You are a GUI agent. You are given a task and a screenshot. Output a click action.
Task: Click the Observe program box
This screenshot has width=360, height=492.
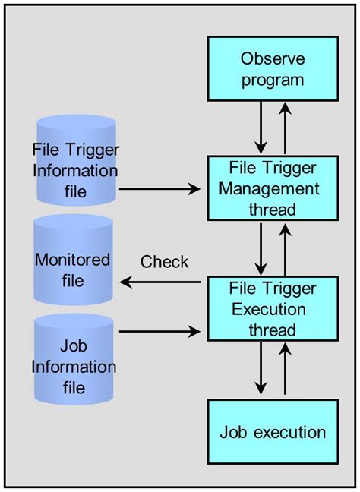point(273,69)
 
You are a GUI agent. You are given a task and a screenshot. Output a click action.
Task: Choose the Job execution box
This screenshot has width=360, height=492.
point(273,432)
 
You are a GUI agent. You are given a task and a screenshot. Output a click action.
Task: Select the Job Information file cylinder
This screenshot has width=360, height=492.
point(74,359)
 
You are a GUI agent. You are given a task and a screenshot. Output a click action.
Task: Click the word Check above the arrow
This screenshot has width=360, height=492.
point(164,262)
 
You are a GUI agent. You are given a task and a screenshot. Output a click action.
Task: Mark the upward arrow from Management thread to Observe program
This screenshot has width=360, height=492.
point(286,128)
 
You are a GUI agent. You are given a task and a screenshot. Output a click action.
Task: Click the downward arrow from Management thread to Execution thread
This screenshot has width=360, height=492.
point(261,248)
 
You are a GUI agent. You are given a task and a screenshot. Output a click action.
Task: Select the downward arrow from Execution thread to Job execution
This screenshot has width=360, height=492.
point(261,369)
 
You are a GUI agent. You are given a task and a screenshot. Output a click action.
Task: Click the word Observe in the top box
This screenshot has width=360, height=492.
point(273,58)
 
